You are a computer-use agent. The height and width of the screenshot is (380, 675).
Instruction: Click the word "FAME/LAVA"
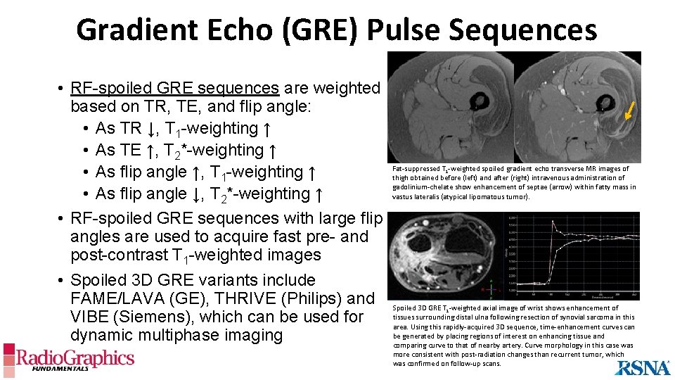pos(127,298)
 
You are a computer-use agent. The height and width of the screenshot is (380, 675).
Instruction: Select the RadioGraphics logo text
pos(75,359)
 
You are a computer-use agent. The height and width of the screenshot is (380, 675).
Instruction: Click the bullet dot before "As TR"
pos(84,129)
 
